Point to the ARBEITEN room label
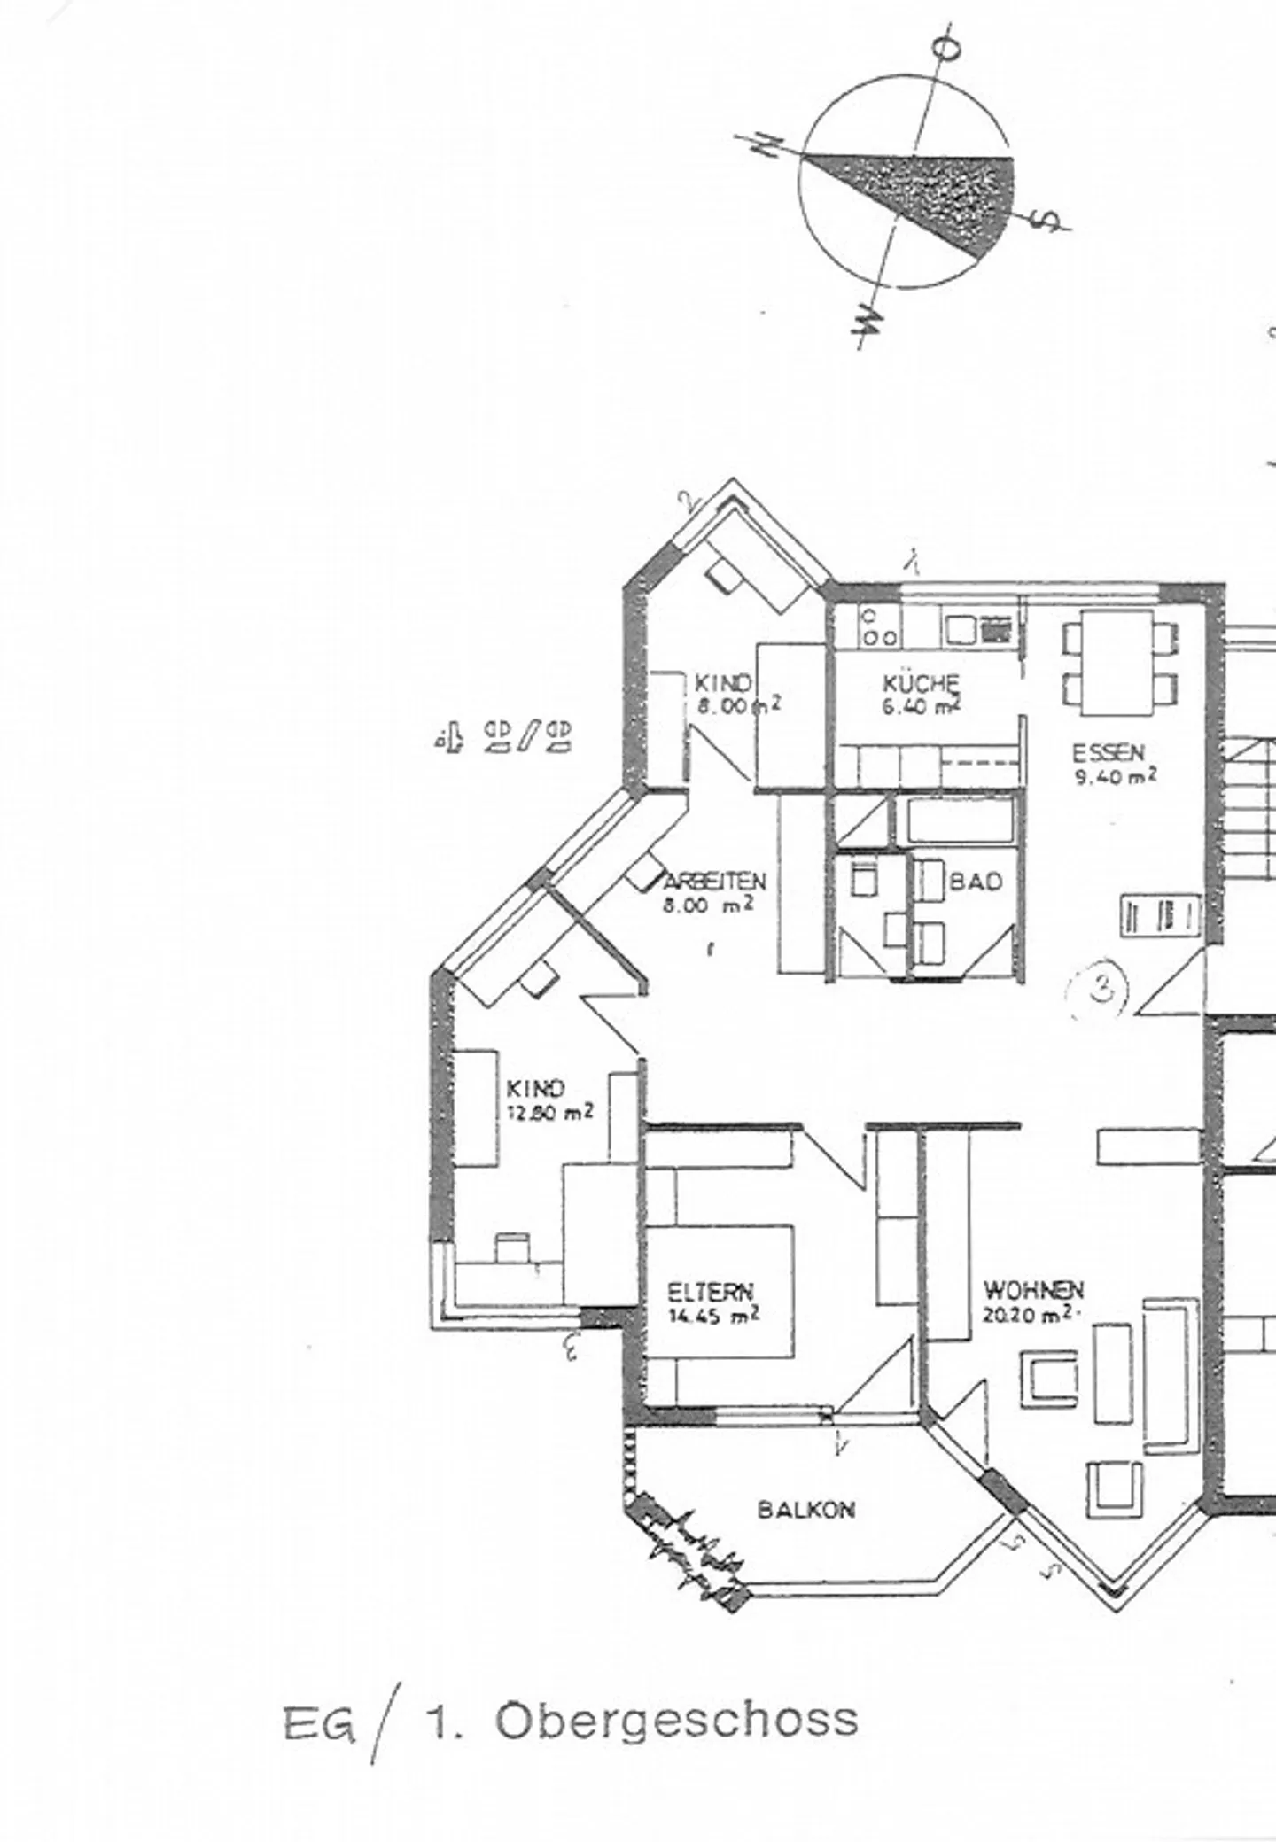click(x=713, y=892)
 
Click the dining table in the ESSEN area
click(x=1119, y=663)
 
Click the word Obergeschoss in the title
click(x=676, y=1721)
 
